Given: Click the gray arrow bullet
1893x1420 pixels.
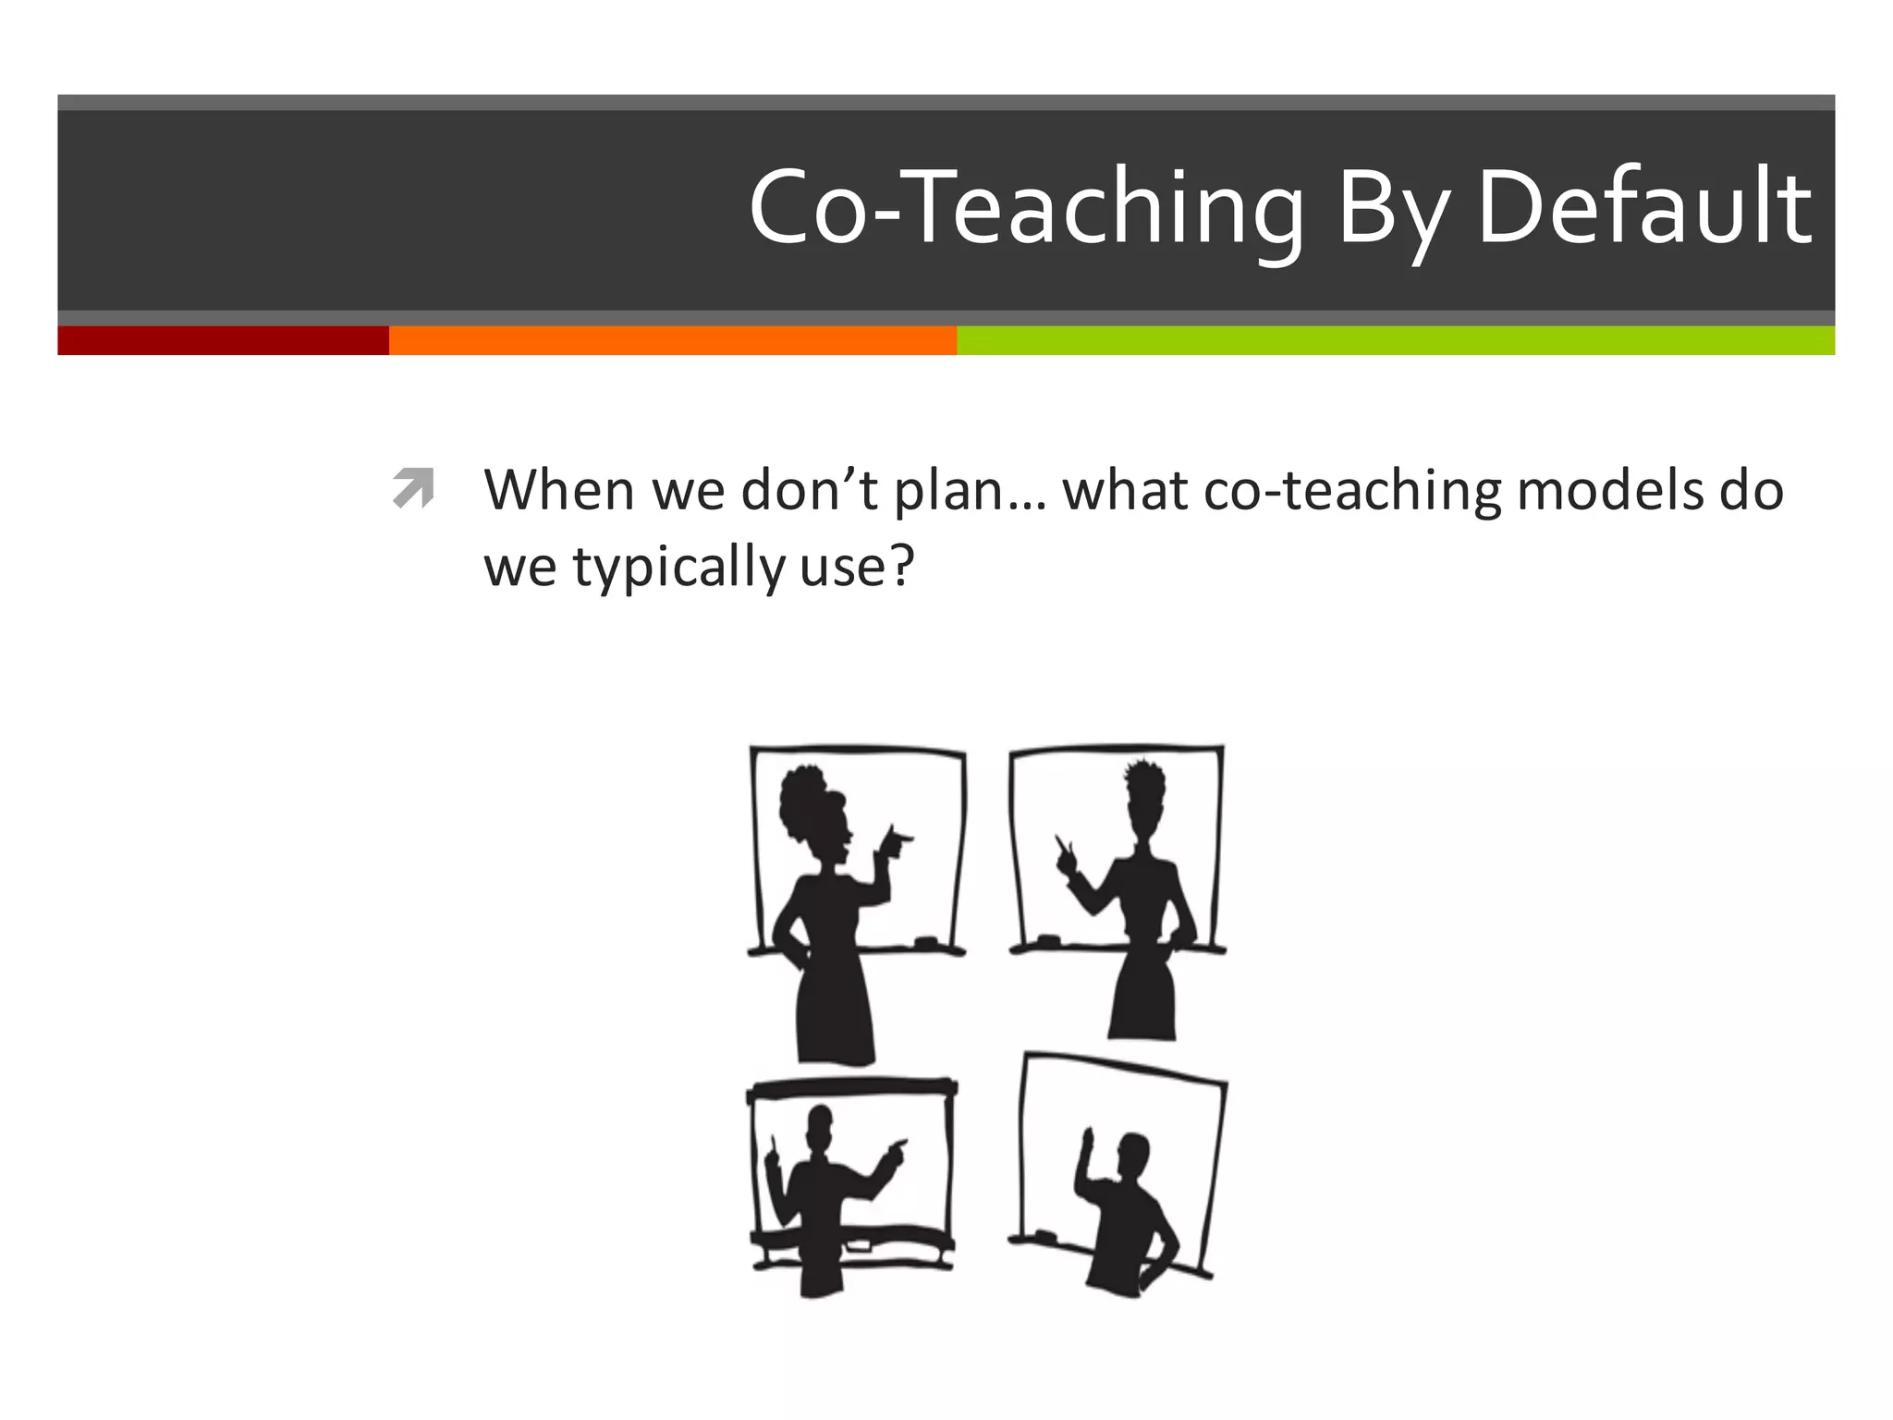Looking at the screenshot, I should point(413,487).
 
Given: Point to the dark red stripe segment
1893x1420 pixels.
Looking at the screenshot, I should point(223,340).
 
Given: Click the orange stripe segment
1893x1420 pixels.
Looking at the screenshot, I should point(672,340).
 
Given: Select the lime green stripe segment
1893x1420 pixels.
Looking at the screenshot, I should point(1395,340).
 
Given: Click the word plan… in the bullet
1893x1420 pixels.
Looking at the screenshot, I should point(970,491).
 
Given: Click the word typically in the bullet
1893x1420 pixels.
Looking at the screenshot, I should point(678,567).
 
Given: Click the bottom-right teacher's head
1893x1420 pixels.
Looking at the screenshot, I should point(1133,1157).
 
